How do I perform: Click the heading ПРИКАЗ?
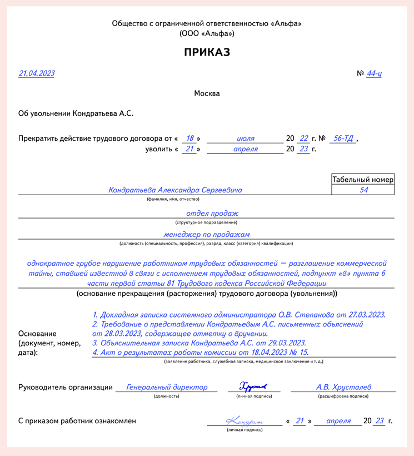(207, 52)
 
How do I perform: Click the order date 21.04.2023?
(37, 73)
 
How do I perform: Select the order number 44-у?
(374, 74)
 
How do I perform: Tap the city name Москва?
(207, 93)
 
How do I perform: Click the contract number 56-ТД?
(342, 138)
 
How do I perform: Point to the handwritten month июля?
(246, 138)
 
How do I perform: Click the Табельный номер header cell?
(362, 180)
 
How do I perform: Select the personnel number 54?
(364, 190)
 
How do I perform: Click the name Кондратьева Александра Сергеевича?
(176, 190)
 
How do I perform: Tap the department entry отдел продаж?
(212, 213)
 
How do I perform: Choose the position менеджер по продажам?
(207, 235)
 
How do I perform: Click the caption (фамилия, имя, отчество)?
(173, 199)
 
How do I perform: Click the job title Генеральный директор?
(167, 387)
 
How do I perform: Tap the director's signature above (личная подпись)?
(253, 386)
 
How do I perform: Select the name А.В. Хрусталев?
(344, 387)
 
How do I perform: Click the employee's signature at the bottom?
(244, 421)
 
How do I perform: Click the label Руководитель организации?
(66, 388)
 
